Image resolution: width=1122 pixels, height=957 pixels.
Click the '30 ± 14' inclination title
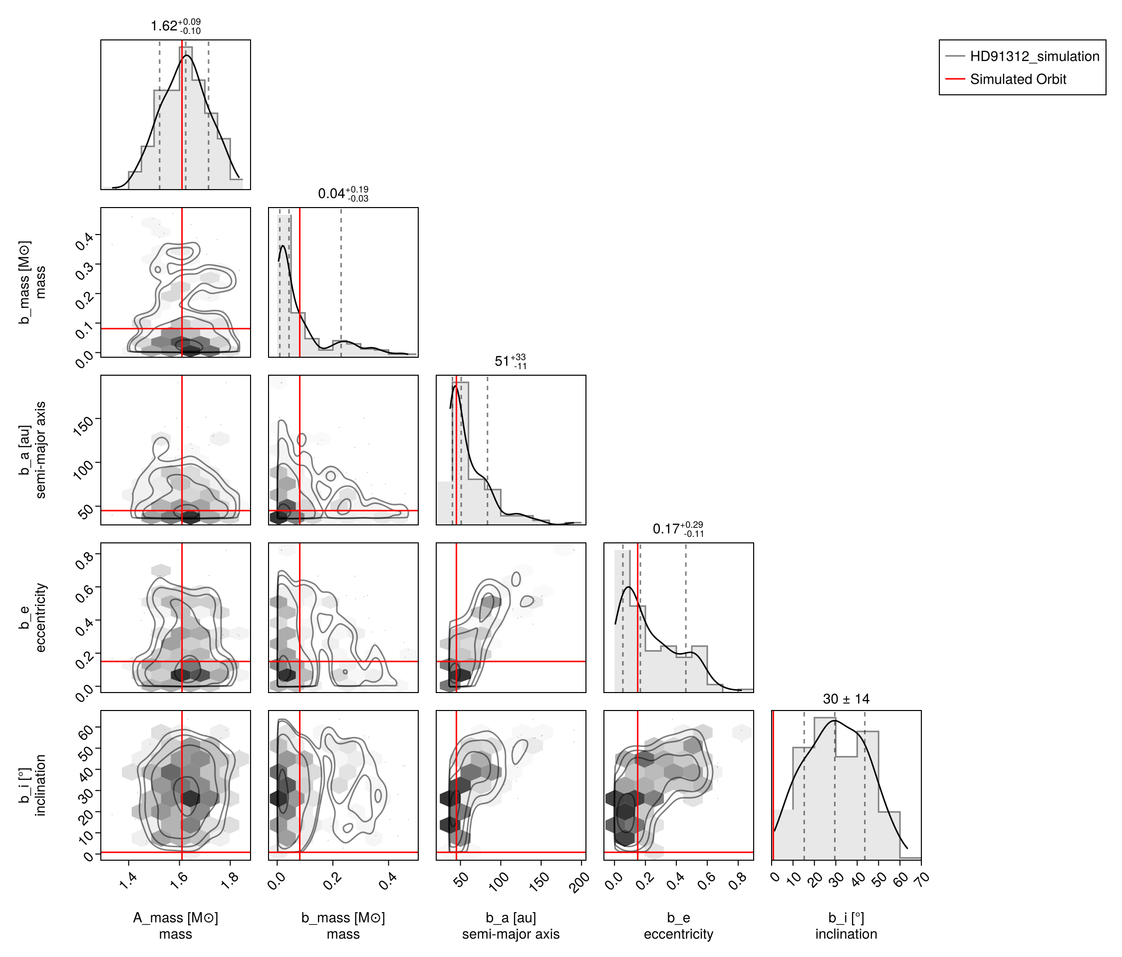[846, 699]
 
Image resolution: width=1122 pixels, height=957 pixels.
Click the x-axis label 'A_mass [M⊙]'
[176, 918]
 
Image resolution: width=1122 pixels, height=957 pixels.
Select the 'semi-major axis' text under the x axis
[511, 934]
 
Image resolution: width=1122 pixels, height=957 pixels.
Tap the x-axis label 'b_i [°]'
[846, 918]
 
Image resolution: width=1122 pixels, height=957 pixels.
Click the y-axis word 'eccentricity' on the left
[40, 618]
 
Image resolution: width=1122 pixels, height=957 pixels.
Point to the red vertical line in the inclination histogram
[773, 785]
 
